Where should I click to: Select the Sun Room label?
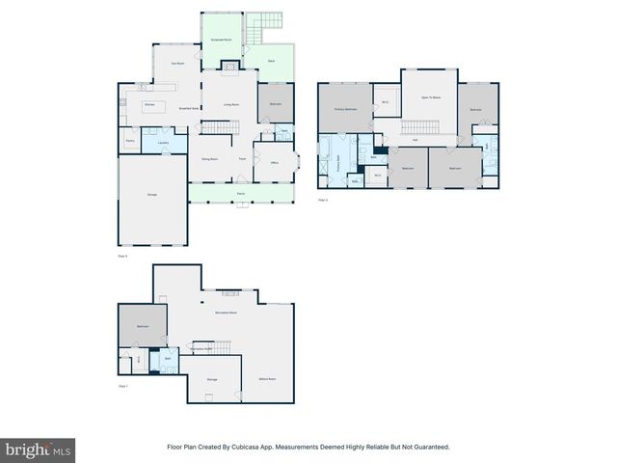click(x=177, y=64)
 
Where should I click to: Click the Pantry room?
click(x=129, y=141)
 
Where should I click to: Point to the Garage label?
click(x=152, y=196)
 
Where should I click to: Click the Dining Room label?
click(x=208, y=158)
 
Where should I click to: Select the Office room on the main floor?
click(x=274, y=163)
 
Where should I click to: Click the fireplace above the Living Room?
click(x=230, y=67)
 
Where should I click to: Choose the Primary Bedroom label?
click(x=346, y=109)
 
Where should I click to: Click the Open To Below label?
click(x=430, y=97)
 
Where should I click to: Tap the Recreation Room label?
click(x=228, y=313)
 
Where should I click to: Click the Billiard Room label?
click(x=267, y=379)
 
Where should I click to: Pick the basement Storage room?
click(x=212, y=379)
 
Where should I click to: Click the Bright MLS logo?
click(x=38, y=449)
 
